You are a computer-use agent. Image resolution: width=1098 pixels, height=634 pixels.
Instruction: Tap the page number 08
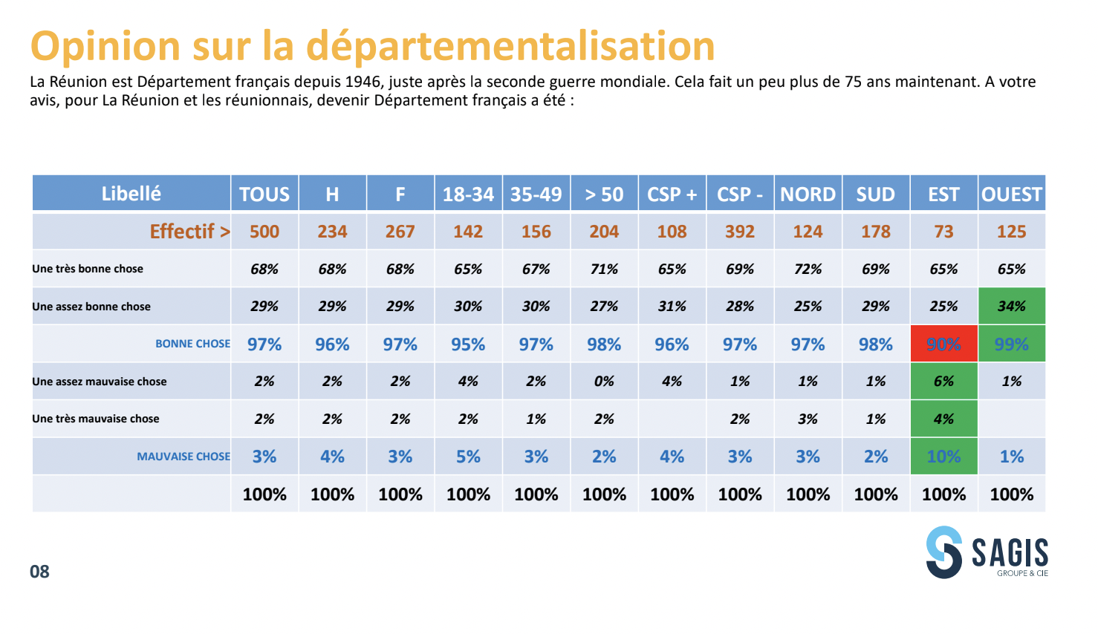(x=39, y=572)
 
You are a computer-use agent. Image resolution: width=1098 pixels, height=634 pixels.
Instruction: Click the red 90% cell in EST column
(x=943, y=344)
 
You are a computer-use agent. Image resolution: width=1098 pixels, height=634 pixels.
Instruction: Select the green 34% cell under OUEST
(x=1011, y=306)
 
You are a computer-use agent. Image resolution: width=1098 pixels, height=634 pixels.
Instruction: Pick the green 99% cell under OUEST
(x=1011, y=344)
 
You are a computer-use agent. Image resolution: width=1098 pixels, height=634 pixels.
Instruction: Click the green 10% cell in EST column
(x=943, y=457)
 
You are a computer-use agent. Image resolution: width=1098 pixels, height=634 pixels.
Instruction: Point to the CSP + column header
(x=672, y=195)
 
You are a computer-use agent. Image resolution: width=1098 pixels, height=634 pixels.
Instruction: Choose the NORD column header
(x=808, y=195)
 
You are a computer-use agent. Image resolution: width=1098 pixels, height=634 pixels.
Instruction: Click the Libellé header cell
(x=131, y=194)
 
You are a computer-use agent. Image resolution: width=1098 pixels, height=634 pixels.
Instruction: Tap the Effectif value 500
(x=264, y=232)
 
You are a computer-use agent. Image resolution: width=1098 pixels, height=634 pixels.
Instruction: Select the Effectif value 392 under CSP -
(x=740, y=232)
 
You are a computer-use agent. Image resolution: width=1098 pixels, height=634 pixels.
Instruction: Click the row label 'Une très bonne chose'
(x=88, y=269)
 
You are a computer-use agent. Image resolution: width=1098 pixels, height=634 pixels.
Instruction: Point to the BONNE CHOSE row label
(x=192, y=344)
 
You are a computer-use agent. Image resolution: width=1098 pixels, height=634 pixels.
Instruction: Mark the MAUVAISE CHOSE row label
(x=183, y=457)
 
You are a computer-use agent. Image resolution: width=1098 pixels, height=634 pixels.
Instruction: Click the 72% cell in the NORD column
(x=808, y=269)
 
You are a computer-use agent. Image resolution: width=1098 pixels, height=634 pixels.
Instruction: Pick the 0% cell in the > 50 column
(x=604, y=382)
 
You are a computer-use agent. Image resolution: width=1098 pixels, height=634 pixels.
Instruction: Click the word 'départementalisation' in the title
(x=510, y=46)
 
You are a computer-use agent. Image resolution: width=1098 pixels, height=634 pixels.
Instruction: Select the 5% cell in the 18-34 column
(x=468, y=457)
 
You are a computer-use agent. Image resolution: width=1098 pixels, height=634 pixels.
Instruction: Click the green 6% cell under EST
(x=943, y=382)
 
